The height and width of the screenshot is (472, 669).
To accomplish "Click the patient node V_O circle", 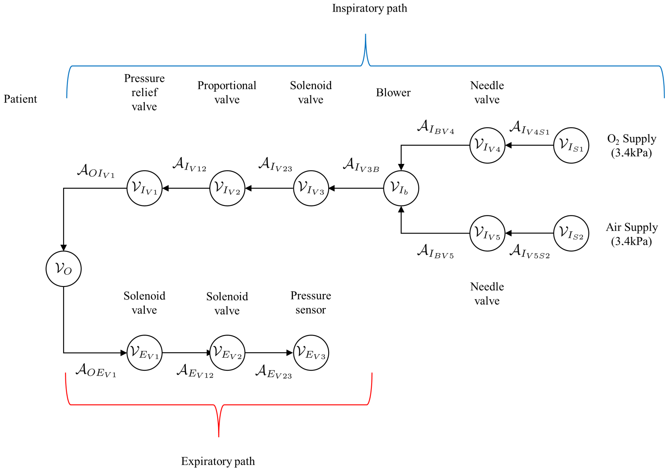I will [64, 269].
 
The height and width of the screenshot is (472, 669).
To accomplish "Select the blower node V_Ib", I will [401, 188].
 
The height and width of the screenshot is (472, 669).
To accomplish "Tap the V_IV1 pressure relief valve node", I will [145, 188].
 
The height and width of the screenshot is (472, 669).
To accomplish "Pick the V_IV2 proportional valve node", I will [227, 188].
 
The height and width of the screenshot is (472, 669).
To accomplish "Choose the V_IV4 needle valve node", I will [487, 145].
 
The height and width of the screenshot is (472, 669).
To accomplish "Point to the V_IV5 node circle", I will [487, 233].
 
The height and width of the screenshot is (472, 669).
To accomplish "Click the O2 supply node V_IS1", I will [571, 145].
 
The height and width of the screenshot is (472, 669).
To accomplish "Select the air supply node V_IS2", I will [571, 233].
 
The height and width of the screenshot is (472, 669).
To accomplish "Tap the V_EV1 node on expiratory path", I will [145, 353].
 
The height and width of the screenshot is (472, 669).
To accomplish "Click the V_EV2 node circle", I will [227, 353].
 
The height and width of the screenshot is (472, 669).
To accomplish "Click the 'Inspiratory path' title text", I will [369, 8].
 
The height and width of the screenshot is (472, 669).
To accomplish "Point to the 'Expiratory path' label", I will [218, 461].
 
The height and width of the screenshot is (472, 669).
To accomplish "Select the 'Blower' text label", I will [393, 93].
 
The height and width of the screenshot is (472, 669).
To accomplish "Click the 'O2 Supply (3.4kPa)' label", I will [631, 145].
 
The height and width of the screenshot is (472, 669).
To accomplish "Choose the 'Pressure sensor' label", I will [311, 303].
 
